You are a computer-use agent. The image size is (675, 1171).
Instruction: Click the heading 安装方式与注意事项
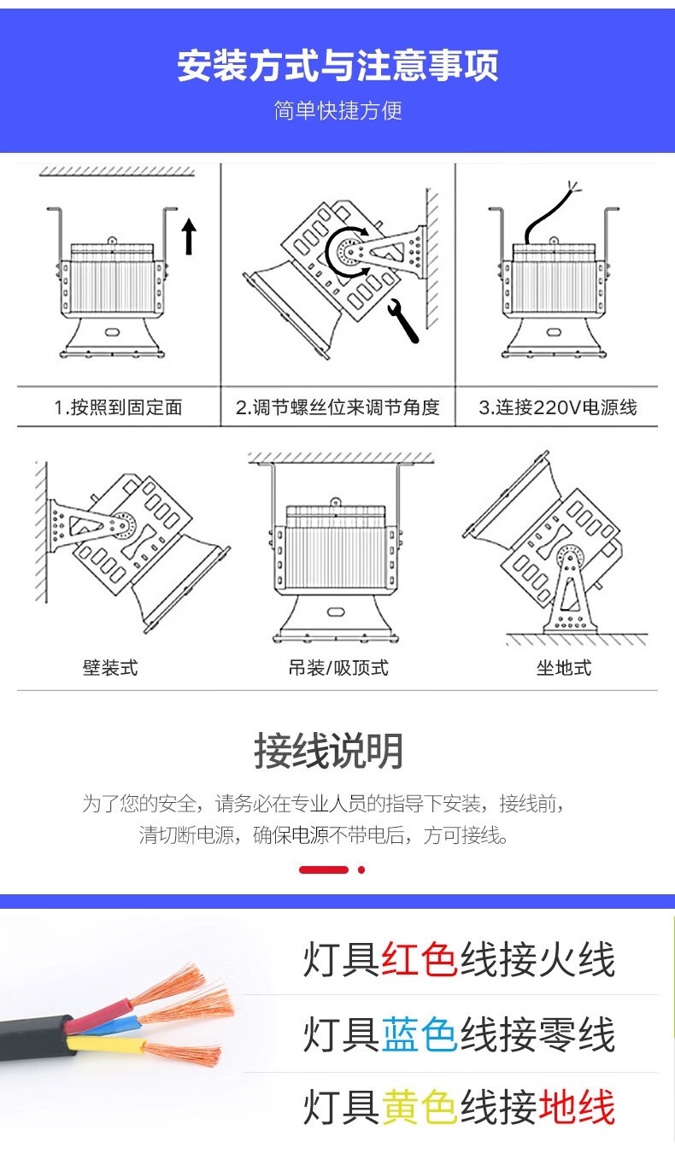coord(337,66)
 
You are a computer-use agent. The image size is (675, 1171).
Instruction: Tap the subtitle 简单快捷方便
coord(337,110)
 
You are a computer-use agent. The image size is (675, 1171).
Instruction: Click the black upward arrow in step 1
coord(189,236)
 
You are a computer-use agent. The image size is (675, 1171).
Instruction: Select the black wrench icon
coord(402,320)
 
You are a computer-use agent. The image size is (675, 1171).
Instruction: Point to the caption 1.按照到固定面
coord(118,407)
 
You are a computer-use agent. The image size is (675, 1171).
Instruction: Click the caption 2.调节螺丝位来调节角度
coord(337,407)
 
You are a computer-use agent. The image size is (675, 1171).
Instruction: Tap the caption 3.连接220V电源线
coord(557,407)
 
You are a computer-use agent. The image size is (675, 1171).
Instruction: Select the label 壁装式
coord(110,667)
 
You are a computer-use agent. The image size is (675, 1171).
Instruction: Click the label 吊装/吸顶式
coord(338,667)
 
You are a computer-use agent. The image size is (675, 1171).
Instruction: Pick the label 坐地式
coord(564,667)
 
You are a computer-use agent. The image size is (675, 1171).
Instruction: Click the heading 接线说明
coord(328,751)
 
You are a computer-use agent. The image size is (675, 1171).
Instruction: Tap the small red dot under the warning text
coord(361,869)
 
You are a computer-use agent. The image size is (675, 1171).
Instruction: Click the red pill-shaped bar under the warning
coord(324,869)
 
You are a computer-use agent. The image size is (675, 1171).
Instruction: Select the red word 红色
coord(420,959)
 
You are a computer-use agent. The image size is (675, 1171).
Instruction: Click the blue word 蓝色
coord(420,1034)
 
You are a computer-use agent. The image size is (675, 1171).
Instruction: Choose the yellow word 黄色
coord(420,1108)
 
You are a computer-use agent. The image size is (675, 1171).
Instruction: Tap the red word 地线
coord(577,1108)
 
